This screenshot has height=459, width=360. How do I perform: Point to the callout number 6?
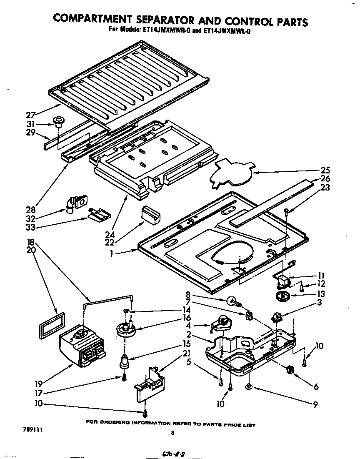316,387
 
